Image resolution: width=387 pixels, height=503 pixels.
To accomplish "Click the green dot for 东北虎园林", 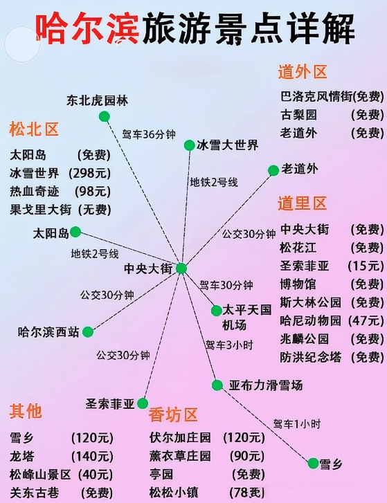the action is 105,116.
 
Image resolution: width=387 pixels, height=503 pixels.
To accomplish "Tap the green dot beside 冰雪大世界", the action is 189,145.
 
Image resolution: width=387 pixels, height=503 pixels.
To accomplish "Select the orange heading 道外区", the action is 303,71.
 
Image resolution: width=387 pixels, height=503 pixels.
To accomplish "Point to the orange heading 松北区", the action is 34,129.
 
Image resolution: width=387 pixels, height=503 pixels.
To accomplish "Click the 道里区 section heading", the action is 302,203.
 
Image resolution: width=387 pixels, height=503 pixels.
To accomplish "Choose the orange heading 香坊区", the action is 173,414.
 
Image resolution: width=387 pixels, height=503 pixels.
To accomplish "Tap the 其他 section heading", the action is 26,411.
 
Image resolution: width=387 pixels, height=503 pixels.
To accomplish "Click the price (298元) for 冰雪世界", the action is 89,173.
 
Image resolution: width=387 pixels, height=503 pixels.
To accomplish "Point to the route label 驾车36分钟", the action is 149,134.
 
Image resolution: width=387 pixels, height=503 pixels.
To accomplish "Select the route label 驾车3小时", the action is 229,345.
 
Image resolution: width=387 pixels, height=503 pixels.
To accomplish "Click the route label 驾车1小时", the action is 297,424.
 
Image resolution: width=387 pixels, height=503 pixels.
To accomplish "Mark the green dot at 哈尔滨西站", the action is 88,332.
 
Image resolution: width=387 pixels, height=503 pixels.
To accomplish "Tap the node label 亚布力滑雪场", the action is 266,385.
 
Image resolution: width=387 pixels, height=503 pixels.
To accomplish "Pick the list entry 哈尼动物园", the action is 310,320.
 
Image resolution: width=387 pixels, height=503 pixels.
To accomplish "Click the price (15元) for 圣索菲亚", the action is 366,266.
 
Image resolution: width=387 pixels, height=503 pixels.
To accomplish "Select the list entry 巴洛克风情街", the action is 316,96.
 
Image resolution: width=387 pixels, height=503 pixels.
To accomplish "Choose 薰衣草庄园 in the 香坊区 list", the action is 180,456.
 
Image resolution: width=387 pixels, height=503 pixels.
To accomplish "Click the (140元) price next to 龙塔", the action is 92,456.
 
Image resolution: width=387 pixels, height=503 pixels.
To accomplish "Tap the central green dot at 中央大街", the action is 181,268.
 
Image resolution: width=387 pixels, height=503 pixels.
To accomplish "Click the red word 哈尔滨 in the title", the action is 87,28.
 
